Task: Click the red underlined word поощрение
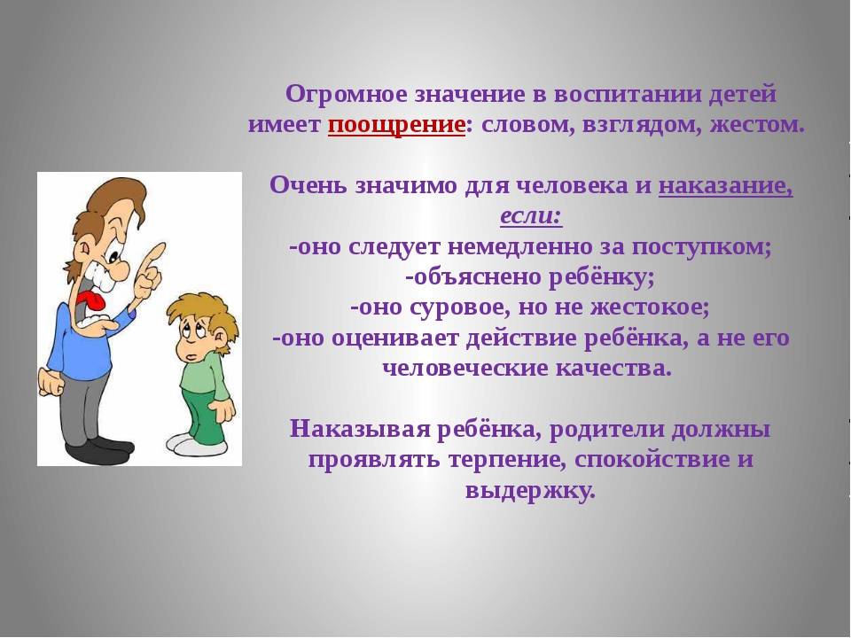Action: [x=396, y=126]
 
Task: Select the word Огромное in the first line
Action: [x=347, y=95]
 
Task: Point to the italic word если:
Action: [x=531, y=216]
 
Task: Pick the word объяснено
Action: [x=473, y=277]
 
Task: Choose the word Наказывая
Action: [x=361, y=430]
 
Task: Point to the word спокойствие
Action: [x=648, y=460]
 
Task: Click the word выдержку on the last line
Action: [x=530, y=491]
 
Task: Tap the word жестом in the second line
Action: [x=757, y=126]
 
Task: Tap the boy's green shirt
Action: [x=204, y=377]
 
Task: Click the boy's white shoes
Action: [x=196, y=444]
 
